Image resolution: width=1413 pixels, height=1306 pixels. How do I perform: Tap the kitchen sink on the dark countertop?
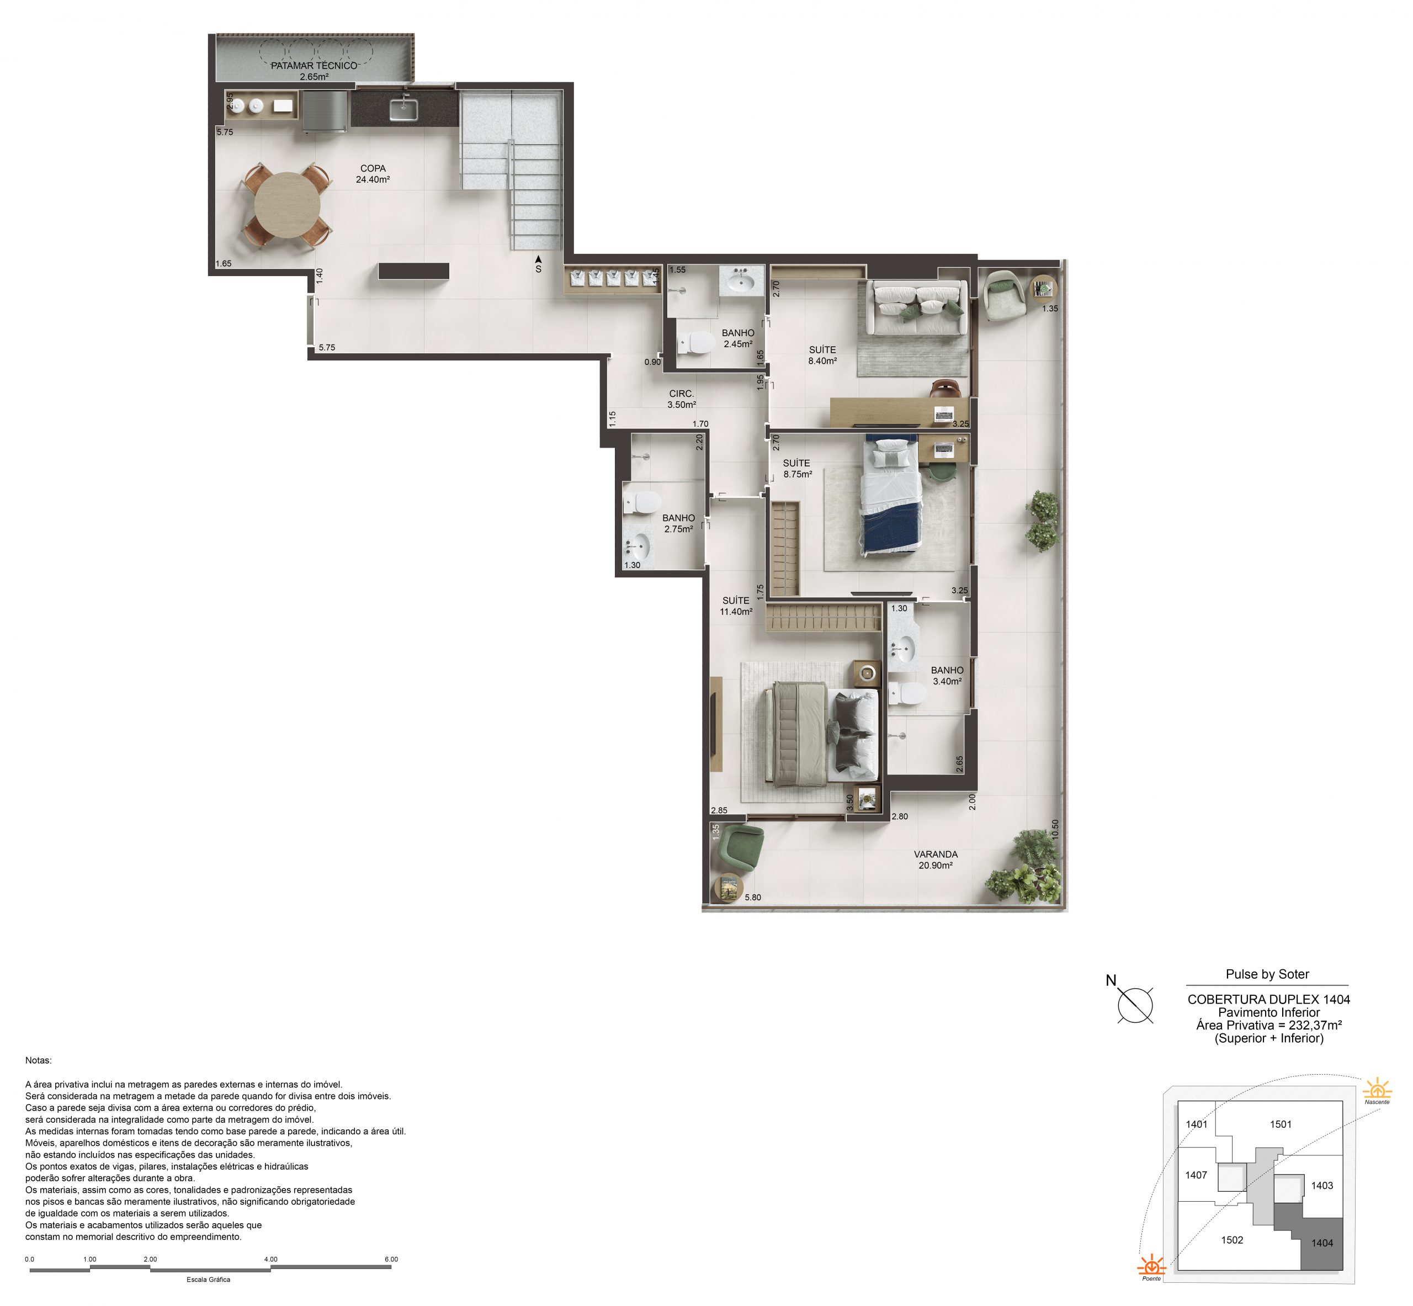click(403, 109)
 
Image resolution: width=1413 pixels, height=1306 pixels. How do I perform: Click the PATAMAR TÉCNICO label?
click(314, 66)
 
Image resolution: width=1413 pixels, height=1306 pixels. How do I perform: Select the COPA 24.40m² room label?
click(373, 174)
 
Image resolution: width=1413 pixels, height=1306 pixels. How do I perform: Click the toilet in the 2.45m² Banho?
click(696, 343)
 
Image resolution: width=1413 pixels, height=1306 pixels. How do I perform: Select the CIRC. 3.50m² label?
click(681, 399)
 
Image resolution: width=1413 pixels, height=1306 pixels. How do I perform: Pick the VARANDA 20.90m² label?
click(936, 859)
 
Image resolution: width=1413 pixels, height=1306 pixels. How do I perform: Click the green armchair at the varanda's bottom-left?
click(741, 847)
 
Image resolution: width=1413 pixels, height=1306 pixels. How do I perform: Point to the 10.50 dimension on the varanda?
click(1055, 829)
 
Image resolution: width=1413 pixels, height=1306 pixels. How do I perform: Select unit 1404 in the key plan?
click(1322, 1243)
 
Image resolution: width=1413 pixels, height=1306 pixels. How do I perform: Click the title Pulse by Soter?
click(1267, 974)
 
